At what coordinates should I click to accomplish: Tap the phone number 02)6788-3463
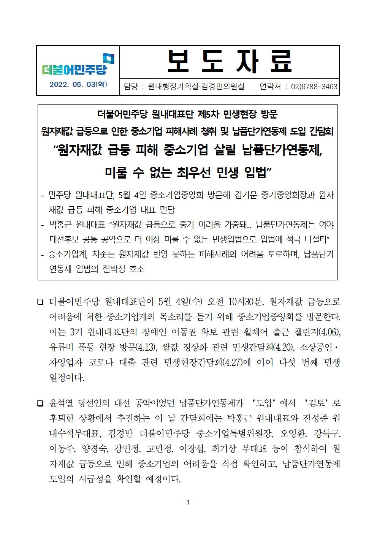(x=314, y=87)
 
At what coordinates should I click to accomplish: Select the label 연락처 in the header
(x=270, y=87)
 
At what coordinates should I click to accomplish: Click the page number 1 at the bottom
(x=188, y=502)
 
